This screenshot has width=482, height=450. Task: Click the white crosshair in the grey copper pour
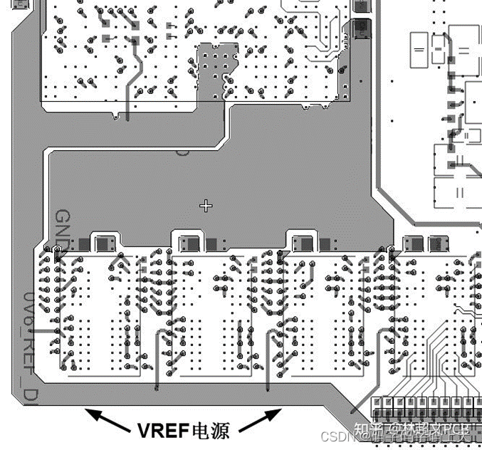[206, 206]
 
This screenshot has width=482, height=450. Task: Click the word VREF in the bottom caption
[162, 429]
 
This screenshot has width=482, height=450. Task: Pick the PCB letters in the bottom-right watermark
[463, 429]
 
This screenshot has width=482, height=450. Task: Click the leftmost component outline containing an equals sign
[419, 50]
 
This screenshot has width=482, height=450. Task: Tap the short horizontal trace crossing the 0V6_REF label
[42, 330]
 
